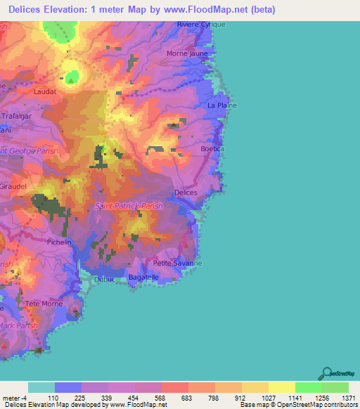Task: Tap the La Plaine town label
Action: pyautogui.click(x=221, y=105)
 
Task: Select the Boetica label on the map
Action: pyautogui.click(x=212, y=149)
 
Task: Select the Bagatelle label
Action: pyautogui.click(x=143, y=278)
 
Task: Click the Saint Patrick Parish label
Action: pyautogui.click(x=129, y=206)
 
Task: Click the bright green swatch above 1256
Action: pyautogui.click(x=308, y=387)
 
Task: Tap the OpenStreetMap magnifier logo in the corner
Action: pyautogui.click(x=326, y=372)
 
